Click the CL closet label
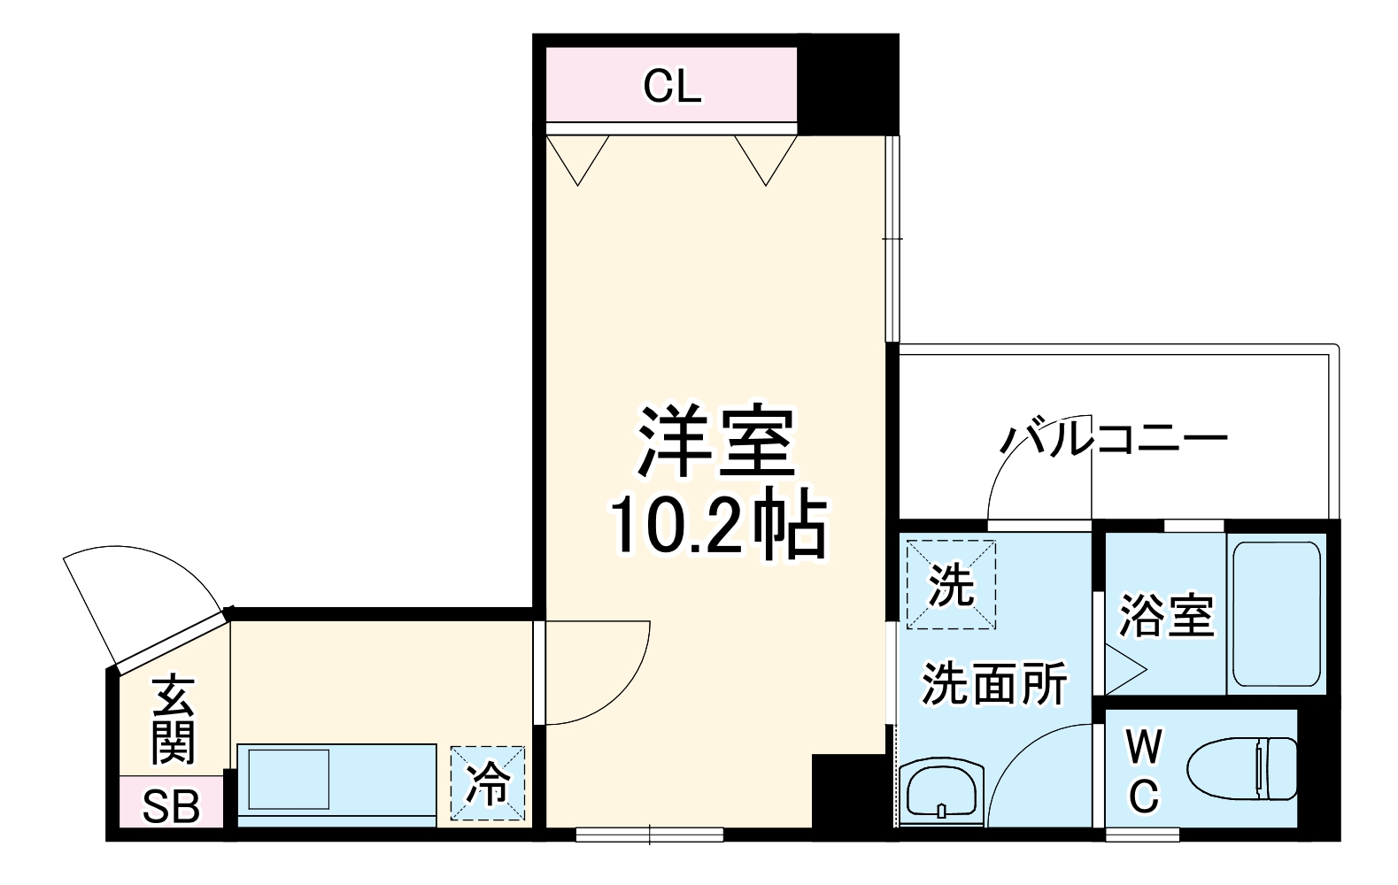point(672,86)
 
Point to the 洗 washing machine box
point(951,585)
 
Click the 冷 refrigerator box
point(488,783)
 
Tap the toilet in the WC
point(1244,768)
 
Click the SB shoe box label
point(171,805)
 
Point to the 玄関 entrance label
point(173,720)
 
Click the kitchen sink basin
point(289,779)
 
